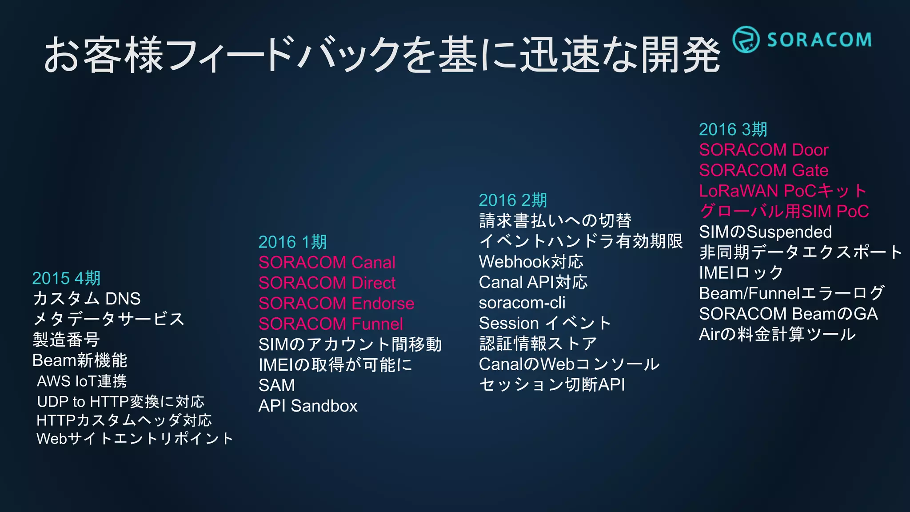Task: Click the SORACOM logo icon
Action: coord(746,40)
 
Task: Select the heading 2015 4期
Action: coord(66,278)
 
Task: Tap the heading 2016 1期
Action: coord(292,242)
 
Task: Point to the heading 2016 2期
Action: coord(512,200)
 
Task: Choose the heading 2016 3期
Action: coord(733,129)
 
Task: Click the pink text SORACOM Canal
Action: coord(327,263)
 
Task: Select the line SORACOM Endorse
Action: coord(336,304)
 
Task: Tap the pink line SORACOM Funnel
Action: coord(331,324)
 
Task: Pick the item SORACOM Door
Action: coord(763,150)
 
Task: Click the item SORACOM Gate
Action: coord(763,170)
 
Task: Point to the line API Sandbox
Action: coord(307,406)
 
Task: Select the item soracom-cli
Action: coord(522,303)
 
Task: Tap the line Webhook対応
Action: coord(531,262)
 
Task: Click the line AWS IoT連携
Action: coord(82,381)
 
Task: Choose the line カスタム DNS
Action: coord(87,299)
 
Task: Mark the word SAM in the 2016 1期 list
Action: coord(276,385)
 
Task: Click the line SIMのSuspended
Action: coord(765,232)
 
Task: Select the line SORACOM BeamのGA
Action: coord(788,314)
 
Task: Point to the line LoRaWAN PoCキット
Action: coord(782,191)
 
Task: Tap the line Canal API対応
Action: coord(533,282)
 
